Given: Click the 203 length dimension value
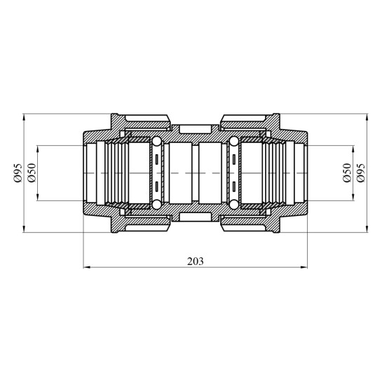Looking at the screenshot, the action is (195, 261).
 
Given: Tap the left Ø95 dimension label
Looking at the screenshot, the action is (18, 173).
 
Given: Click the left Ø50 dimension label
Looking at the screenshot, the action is (32, 173).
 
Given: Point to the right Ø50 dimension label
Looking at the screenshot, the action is (347, 173).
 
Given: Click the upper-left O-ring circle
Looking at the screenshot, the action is (156, 142).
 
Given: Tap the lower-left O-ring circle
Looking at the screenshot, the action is (156, 205).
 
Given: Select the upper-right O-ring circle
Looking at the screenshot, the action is (234, 142).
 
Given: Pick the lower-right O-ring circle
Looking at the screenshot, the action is (234, 205).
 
